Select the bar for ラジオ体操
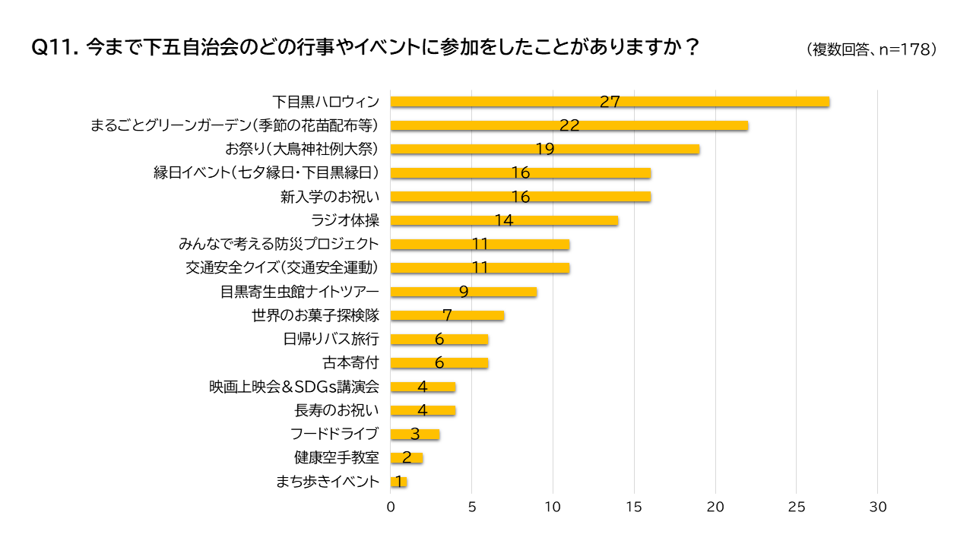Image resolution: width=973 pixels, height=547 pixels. point(504,221)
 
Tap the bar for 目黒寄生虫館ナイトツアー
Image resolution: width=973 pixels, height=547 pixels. point(464,292)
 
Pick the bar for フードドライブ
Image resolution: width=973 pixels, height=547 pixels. point(415,435)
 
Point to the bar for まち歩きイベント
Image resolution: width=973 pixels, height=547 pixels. point(399,482)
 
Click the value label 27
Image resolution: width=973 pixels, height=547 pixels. point(610,102)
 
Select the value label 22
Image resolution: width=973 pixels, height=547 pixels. point(569,125)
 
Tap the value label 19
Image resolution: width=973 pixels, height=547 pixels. point(544,149)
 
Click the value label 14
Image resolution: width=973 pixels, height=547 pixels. point(504,221)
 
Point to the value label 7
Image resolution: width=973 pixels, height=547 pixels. point(447,315)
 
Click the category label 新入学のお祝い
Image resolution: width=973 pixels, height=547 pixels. point(329,197)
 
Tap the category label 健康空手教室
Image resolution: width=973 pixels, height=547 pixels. point(336,458)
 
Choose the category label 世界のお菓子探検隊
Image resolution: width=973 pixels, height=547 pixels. point(315,315)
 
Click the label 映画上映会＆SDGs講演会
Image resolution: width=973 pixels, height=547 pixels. point(294,387)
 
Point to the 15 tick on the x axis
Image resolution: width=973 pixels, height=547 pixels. point(634,507)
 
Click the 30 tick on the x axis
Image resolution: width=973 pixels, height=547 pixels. point(878,507)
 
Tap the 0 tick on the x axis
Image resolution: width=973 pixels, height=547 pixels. point(391,507)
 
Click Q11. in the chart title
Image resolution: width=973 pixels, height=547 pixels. point(54,47)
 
